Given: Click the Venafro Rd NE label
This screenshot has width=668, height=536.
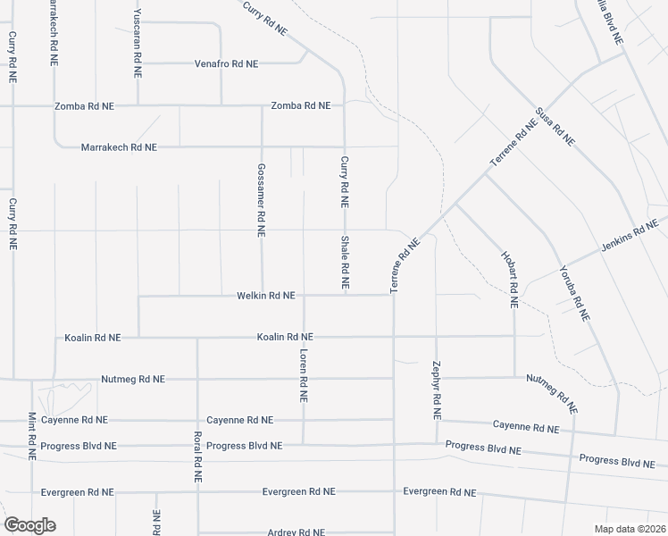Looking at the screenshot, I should [x=226, y=64].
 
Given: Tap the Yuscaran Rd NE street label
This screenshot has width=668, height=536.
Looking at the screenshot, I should [x=138, y=37].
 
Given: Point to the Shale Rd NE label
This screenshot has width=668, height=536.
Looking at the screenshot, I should [x=344, y=264].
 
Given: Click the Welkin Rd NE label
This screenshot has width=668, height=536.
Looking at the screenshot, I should [x=265, y=296].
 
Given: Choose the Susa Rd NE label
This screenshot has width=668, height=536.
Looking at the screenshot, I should [x=554, y=127].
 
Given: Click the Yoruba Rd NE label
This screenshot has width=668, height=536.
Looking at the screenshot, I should [x=574, y=292].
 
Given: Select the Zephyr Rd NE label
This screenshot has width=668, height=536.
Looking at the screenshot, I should [x=437, y=390].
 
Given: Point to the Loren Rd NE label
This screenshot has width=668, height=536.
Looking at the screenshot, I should [x=304, y=375].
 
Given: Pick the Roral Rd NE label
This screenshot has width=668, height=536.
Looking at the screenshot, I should [x=197, y=457].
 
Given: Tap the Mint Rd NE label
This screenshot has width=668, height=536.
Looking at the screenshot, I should [x=31, y=435].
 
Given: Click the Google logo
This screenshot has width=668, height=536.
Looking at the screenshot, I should [x=29, y=525].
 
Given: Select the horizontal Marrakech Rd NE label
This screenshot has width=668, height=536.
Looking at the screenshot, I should [x=119, y=147].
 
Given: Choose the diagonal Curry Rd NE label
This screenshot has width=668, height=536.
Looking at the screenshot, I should [x=265, y=17].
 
